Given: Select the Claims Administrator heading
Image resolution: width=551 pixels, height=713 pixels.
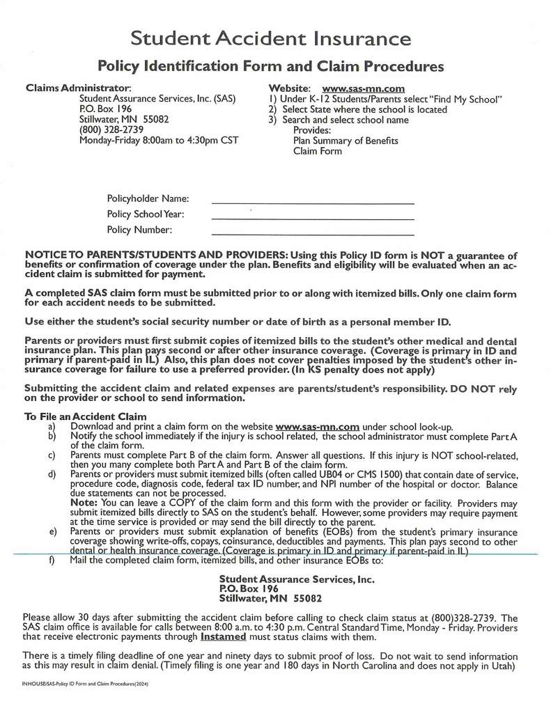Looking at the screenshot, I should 78,88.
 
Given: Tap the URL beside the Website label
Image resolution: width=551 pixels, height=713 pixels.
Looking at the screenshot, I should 363,88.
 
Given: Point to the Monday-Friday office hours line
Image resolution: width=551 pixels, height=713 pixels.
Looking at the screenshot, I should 159,140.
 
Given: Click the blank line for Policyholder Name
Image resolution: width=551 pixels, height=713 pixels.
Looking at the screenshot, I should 312,202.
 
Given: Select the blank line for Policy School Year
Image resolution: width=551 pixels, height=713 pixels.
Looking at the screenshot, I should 312,218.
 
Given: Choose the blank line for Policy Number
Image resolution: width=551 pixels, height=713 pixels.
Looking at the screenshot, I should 312,234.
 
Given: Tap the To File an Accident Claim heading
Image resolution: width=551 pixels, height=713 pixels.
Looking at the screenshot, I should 76,416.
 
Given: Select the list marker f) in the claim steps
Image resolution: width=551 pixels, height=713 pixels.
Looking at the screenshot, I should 52,561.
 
